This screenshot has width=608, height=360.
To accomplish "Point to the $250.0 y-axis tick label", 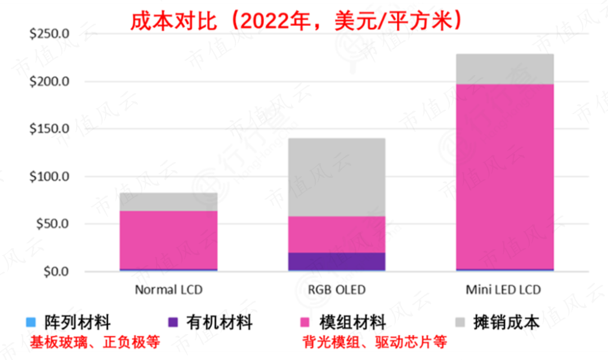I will (48, 34).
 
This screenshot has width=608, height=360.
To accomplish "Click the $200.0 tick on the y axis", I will (48, 82).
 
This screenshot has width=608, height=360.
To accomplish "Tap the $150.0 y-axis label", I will (48, 129).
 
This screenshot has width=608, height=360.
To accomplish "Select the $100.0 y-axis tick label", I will (48, 177).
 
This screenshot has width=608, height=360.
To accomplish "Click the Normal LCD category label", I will (168, 290).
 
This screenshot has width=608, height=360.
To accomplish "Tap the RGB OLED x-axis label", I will (337, 290).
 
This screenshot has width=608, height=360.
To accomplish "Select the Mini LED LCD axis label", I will (505, 290).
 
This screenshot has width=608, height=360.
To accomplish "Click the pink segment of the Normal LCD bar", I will (168, 240).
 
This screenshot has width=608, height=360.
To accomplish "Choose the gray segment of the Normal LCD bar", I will (168, 202).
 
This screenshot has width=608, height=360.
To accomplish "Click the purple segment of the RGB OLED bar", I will (337, 261).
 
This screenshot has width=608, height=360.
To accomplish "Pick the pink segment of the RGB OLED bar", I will (337, 234).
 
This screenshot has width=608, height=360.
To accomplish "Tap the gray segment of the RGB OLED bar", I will (337, 177).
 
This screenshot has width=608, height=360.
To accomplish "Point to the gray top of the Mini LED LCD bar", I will (505, 69).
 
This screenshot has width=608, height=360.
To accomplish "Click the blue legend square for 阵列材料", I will (32, 323).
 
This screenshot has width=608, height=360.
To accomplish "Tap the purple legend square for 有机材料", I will (173, 323).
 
